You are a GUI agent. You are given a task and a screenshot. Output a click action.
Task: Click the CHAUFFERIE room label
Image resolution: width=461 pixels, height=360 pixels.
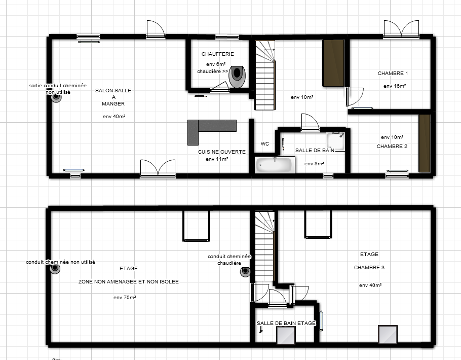click(x=217, y=54)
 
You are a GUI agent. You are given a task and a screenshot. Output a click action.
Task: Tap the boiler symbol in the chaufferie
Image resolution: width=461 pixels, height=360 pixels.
click(x=237, y=77)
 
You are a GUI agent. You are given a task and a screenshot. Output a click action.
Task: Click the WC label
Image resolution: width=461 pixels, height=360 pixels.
click(x=265, y=144)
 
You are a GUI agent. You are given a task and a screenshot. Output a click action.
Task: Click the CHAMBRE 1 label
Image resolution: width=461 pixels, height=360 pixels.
click(x=393, y=74)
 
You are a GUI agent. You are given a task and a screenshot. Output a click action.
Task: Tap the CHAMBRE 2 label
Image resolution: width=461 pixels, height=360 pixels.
click(x=392, y=147)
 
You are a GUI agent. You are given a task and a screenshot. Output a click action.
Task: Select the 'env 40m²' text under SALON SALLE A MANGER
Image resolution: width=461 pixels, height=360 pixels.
click(x=114, y=116)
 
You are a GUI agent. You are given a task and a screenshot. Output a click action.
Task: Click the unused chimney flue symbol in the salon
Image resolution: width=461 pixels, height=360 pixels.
click(x=56, y=97)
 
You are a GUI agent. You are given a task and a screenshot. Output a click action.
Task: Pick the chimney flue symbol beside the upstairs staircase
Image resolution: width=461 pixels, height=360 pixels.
click(x=245, y=272)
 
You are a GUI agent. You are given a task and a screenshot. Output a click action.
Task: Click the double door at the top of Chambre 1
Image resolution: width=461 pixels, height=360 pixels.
click(x=401, y=29)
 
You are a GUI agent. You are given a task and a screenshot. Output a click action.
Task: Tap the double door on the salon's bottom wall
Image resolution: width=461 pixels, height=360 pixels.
click(x=158, y=168)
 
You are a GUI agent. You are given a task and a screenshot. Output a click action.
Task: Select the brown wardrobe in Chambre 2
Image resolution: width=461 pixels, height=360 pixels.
click(x=425, y=143)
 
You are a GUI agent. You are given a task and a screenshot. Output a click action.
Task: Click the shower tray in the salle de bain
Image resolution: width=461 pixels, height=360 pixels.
click(x=335, y=141)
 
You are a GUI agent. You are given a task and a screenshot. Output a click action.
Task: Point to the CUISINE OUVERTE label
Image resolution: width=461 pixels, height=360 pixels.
click(x=222, y=152)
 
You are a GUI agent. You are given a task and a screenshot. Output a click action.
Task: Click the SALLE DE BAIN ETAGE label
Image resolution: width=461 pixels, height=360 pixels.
click(x=286, y=323)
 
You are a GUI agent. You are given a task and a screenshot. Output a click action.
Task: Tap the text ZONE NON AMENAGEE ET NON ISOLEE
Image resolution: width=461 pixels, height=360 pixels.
click(x=129, y=282)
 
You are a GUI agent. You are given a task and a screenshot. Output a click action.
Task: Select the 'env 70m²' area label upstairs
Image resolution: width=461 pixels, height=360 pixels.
click(x=125, y=298)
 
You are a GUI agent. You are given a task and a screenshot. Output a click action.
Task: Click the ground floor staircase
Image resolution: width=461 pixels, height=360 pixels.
click(x=265, y=76)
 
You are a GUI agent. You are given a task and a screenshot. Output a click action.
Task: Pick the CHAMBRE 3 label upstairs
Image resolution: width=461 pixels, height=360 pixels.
click(x=369, y=268)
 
